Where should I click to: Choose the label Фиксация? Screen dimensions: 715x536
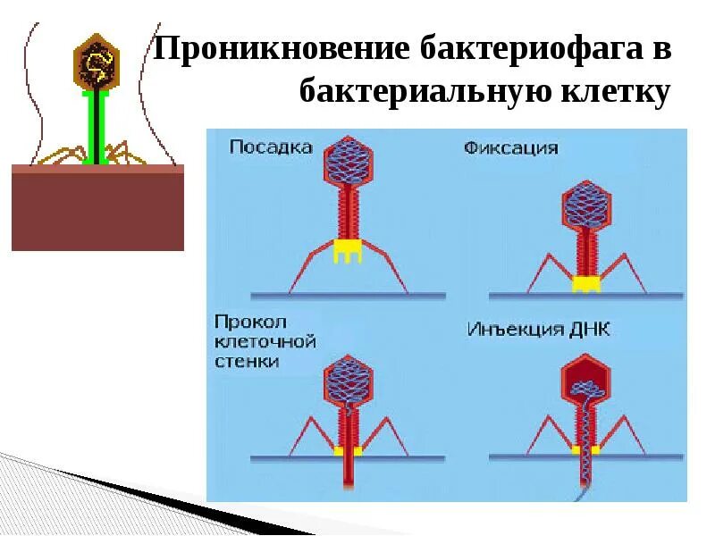click(510, 147)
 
